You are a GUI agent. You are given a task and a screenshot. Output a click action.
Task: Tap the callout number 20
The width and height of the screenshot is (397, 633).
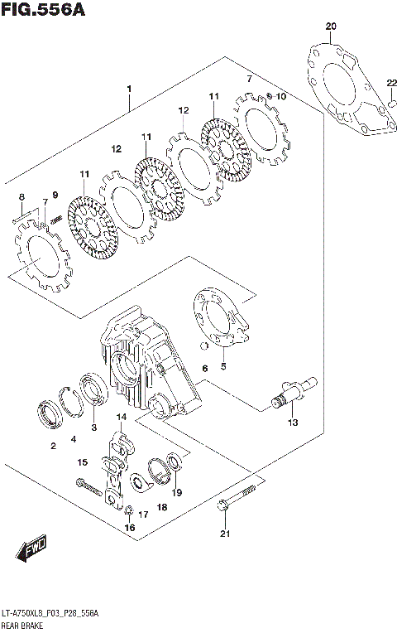click(331, 27)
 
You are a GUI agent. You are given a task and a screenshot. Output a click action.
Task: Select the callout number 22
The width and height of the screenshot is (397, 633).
click(390, 81)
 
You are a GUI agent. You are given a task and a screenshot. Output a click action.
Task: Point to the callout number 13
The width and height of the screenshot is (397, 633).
click(292, 423)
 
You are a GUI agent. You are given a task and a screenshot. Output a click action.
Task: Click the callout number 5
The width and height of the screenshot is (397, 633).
click(222, 366)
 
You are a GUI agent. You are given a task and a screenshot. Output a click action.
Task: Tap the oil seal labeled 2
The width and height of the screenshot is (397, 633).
click(50, 413)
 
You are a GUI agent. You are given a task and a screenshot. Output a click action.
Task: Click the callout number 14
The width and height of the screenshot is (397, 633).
click(122, 417)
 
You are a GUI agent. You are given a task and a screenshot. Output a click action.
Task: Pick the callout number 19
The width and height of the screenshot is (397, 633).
click(176, 492)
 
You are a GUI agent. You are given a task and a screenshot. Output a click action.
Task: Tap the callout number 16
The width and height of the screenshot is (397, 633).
click(129, 528)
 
